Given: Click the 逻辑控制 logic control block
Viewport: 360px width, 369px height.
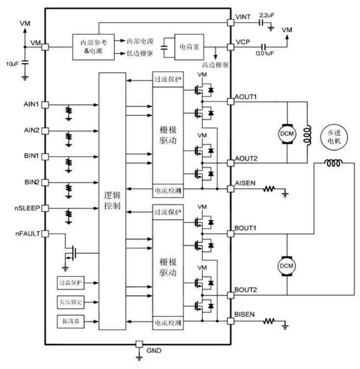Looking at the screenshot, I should click(112, 201).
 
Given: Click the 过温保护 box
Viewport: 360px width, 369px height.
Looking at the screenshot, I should click(70, 283).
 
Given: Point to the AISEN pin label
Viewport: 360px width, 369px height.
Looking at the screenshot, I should click(245, 183).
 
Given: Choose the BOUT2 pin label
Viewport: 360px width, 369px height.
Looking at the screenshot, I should click(245, 289).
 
